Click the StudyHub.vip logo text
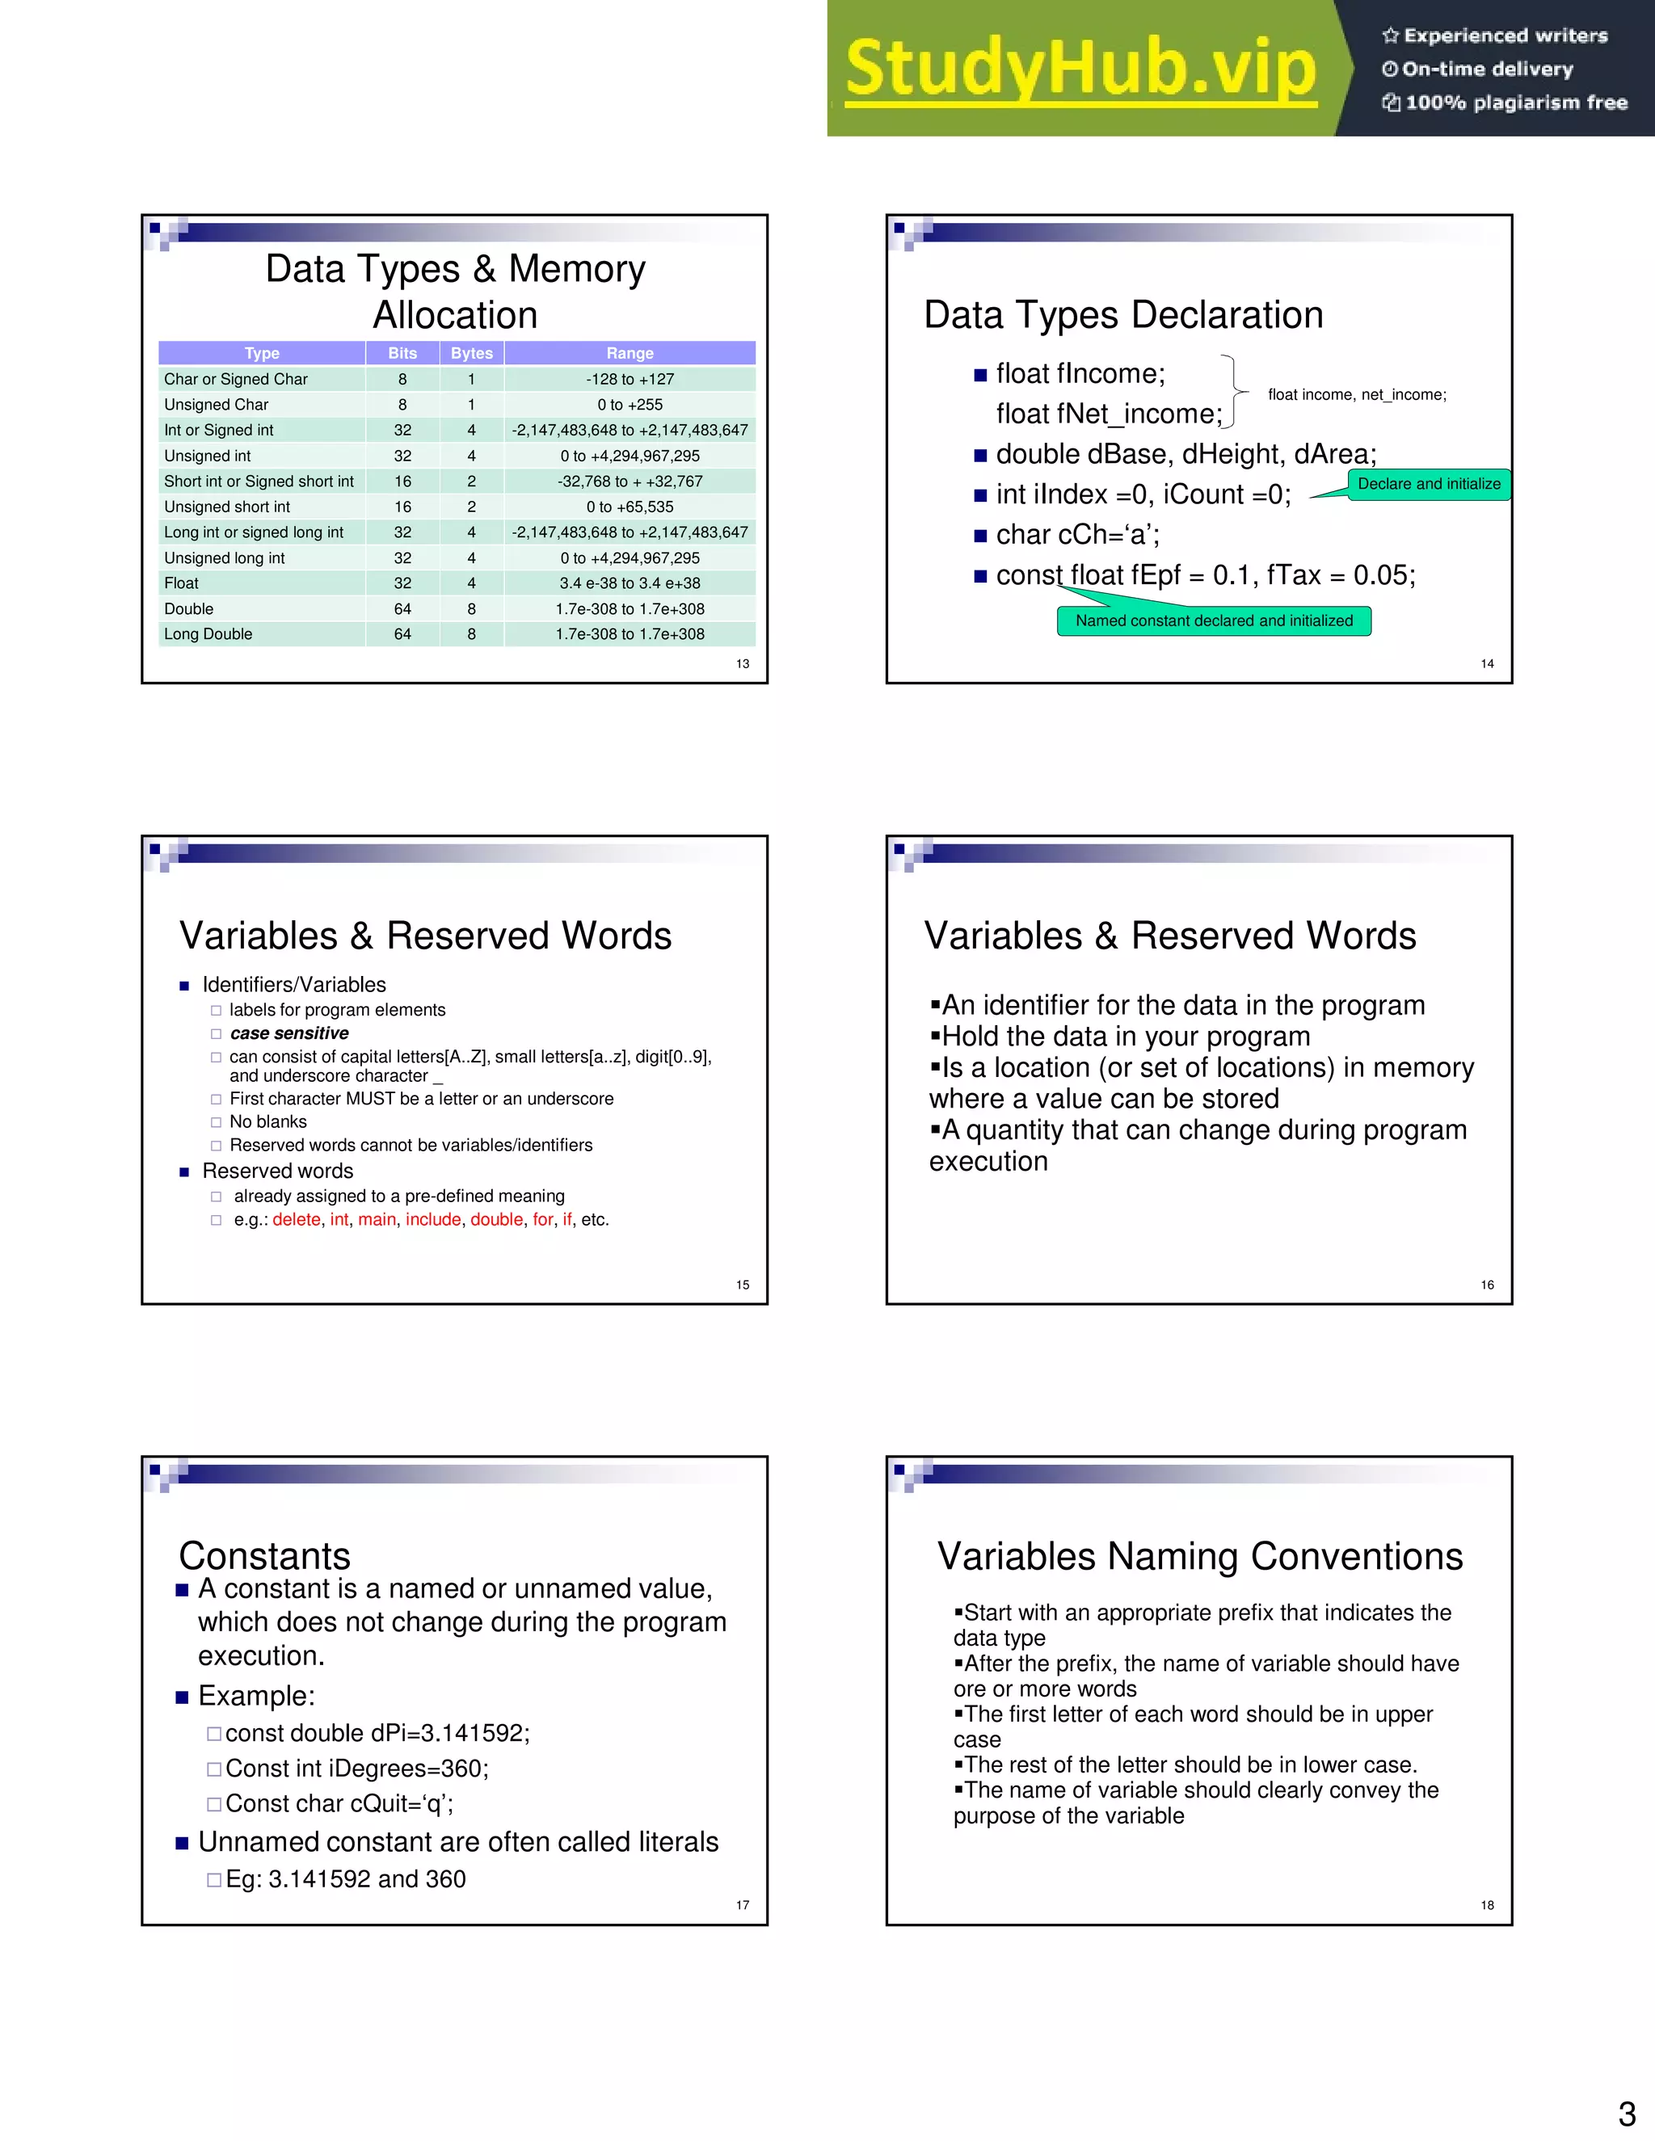click(x=1080, y=69)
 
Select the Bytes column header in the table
click(x=472, y=353)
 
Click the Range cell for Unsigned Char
click(x=630, y=405)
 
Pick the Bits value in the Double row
click(x=402, y=609)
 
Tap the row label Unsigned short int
click(x=226, y=507)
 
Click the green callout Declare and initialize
click(x=1429, y=484)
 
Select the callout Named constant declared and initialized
click(x=1214, y=620)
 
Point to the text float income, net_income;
click(x=1357, y=394)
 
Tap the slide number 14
click(x=1486, y=663)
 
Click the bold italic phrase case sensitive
click(x=289, y=1033)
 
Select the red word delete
click(x=296, y=1219)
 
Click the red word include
click(x=432, y=1219)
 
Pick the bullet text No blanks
click(x=267, y=1121)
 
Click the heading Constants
click(x=265, y=1556)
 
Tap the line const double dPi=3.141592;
click(x=377, y=1733)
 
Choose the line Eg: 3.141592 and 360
click(x=345, y=1879)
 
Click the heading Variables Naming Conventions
click(x=1199, y=1556)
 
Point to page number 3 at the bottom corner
click(x=1627, y=2114)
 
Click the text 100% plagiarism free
click(x=1516, y=103)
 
